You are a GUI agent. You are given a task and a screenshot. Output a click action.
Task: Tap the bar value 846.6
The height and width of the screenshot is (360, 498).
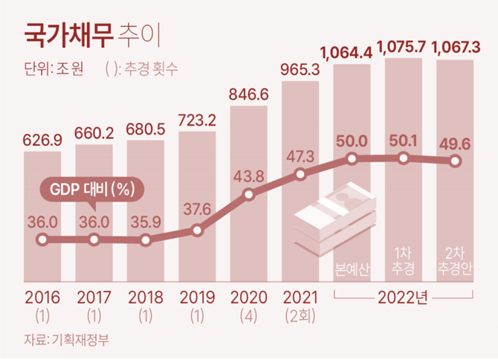click(x=249, y=94)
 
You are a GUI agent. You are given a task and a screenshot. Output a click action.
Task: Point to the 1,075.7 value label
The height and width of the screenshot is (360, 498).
click(x=402, y=49)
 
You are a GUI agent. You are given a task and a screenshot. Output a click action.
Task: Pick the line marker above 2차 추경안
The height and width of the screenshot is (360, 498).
click(x=455, y=161)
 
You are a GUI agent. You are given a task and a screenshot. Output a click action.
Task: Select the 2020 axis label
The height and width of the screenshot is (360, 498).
click(x=249, y=299)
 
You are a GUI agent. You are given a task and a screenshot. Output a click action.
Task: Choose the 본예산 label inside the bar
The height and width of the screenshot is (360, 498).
click(x=351, y=266)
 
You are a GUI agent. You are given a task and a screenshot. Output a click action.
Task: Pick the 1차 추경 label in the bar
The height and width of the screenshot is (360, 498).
click(x=403, y=258)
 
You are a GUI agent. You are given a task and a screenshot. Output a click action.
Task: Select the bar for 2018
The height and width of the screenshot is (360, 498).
click(x=145, y=208)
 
